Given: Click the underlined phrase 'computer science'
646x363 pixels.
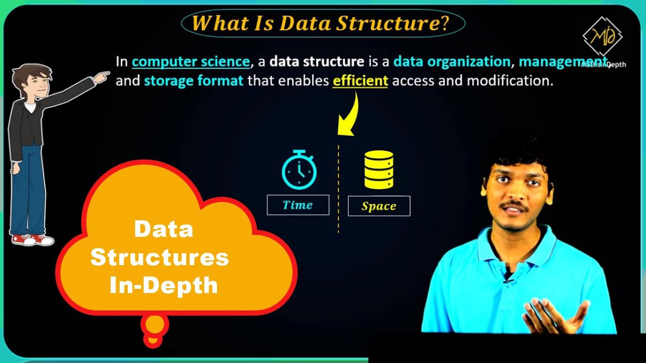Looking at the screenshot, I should [x=191, y=62].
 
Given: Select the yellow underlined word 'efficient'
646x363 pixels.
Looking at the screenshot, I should [x=360, y=81].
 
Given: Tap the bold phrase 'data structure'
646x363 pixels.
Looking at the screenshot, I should [x=316, y=62].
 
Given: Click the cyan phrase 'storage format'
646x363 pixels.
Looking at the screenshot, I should [x=194, y=81].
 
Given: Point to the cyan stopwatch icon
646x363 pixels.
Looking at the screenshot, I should [x=299, y=170].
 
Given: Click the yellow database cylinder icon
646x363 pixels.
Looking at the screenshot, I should [x=379, y=170].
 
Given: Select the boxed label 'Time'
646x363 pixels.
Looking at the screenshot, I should [x=298, y=205].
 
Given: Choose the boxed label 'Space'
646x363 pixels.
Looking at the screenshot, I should [x=379, y=206].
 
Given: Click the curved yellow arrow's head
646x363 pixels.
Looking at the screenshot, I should [x=346, y=129].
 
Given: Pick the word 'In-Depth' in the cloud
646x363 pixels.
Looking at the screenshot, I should [x=164, y=285].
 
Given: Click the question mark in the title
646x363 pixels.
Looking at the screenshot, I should [x=444, y=23].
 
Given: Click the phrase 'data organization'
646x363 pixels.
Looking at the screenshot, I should [x=452, y=62].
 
